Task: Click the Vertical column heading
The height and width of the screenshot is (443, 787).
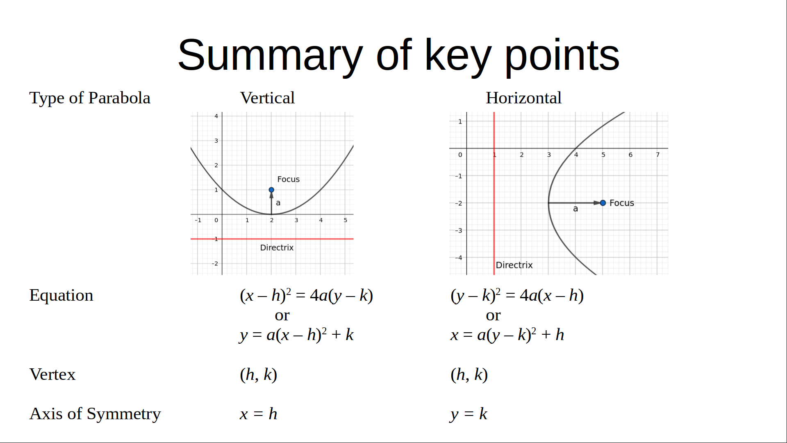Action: (x=267, y=98)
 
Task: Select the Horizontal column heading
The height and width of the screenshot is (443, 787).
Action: (x=523, y=98)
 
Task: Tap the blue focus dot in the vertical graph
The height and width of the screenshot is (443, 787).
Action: (x=271, y=190)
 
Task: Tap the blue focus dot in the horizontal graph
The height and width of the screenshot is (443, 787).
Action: (x=603, y=203)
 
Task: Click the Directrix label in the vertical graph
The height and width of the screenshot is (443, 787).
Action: (x=277, y=248)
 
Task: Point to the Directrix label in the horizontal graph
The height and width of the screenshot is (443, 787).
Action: (x=514, y=265)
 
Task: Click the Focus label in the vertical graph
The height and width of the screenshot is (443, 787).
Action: (x=288, y=179)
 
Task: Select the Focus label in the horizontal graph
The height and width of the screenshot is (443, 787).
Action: (x=621, y=203)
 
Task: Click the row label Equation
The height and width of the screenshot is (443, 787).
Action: (x=61, y=296)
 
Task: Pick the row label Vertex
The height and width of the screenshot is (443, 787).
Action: (x=52, y=374)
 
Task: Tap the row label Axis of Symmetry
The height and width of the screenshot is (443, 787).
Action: (x=95, y=414)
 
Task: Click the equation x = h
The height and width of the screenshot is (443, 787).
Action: (x=259, y=414)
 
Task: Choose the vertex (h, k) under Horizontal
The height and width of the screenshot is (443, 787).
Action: (x=469, y=375)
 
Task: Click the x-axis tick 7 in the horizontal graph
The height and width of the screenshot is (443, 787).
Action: (x=657, y=155)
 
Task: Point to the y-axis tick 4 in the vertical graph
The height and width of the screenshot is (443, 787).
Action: (x=216, y=116)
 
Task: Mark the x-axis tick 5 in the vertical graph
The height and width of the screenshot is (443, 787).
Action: (x=346, y=220)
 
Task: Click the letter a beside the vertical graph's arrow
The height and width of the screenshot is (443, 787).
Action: (x=278, y=203)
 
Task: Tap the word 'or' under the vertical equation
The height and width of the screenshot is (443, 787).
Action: (x=282, y=315)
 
